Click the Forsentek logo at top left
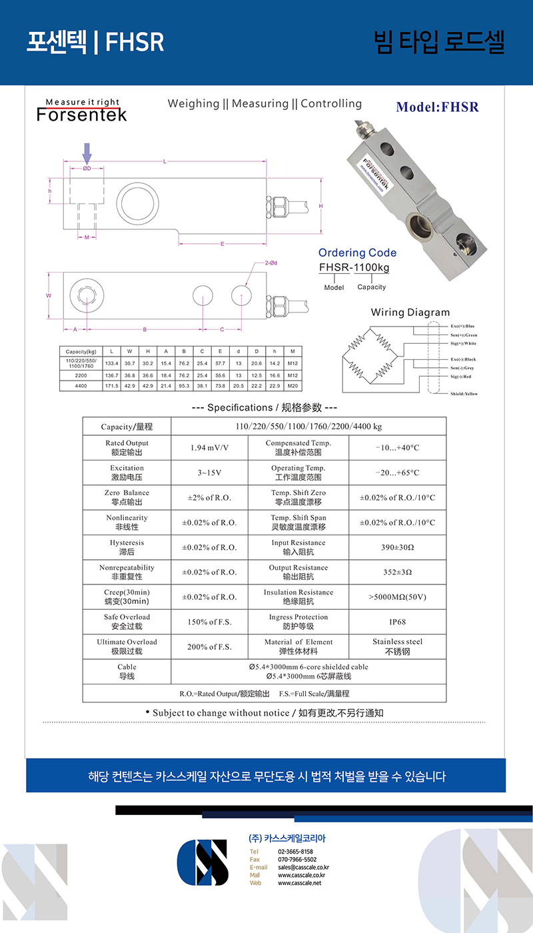click(81, 110)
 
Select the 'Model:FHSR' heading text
click(437, 107)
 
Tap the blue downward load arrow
click(87, 153)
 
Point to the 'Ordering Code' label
click(357, 253)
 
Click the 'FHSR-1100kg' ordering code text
click(354, 267)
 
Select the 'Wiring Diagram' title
click(410, 312)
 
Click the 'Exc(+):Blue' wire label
click(462, 326)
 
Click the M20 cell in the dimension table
click(292, 386)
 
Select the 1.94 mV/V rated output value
click(209, 448)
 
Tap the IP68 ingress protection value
click(397, 622)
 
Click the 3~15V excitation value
click(209, 472)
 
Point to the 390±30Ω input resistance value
click(397, 547)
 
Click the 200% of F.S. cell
click(209, 646)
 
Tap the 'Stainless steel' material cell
click(397, 646)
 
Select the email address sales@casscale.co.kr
click(303, 867)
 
